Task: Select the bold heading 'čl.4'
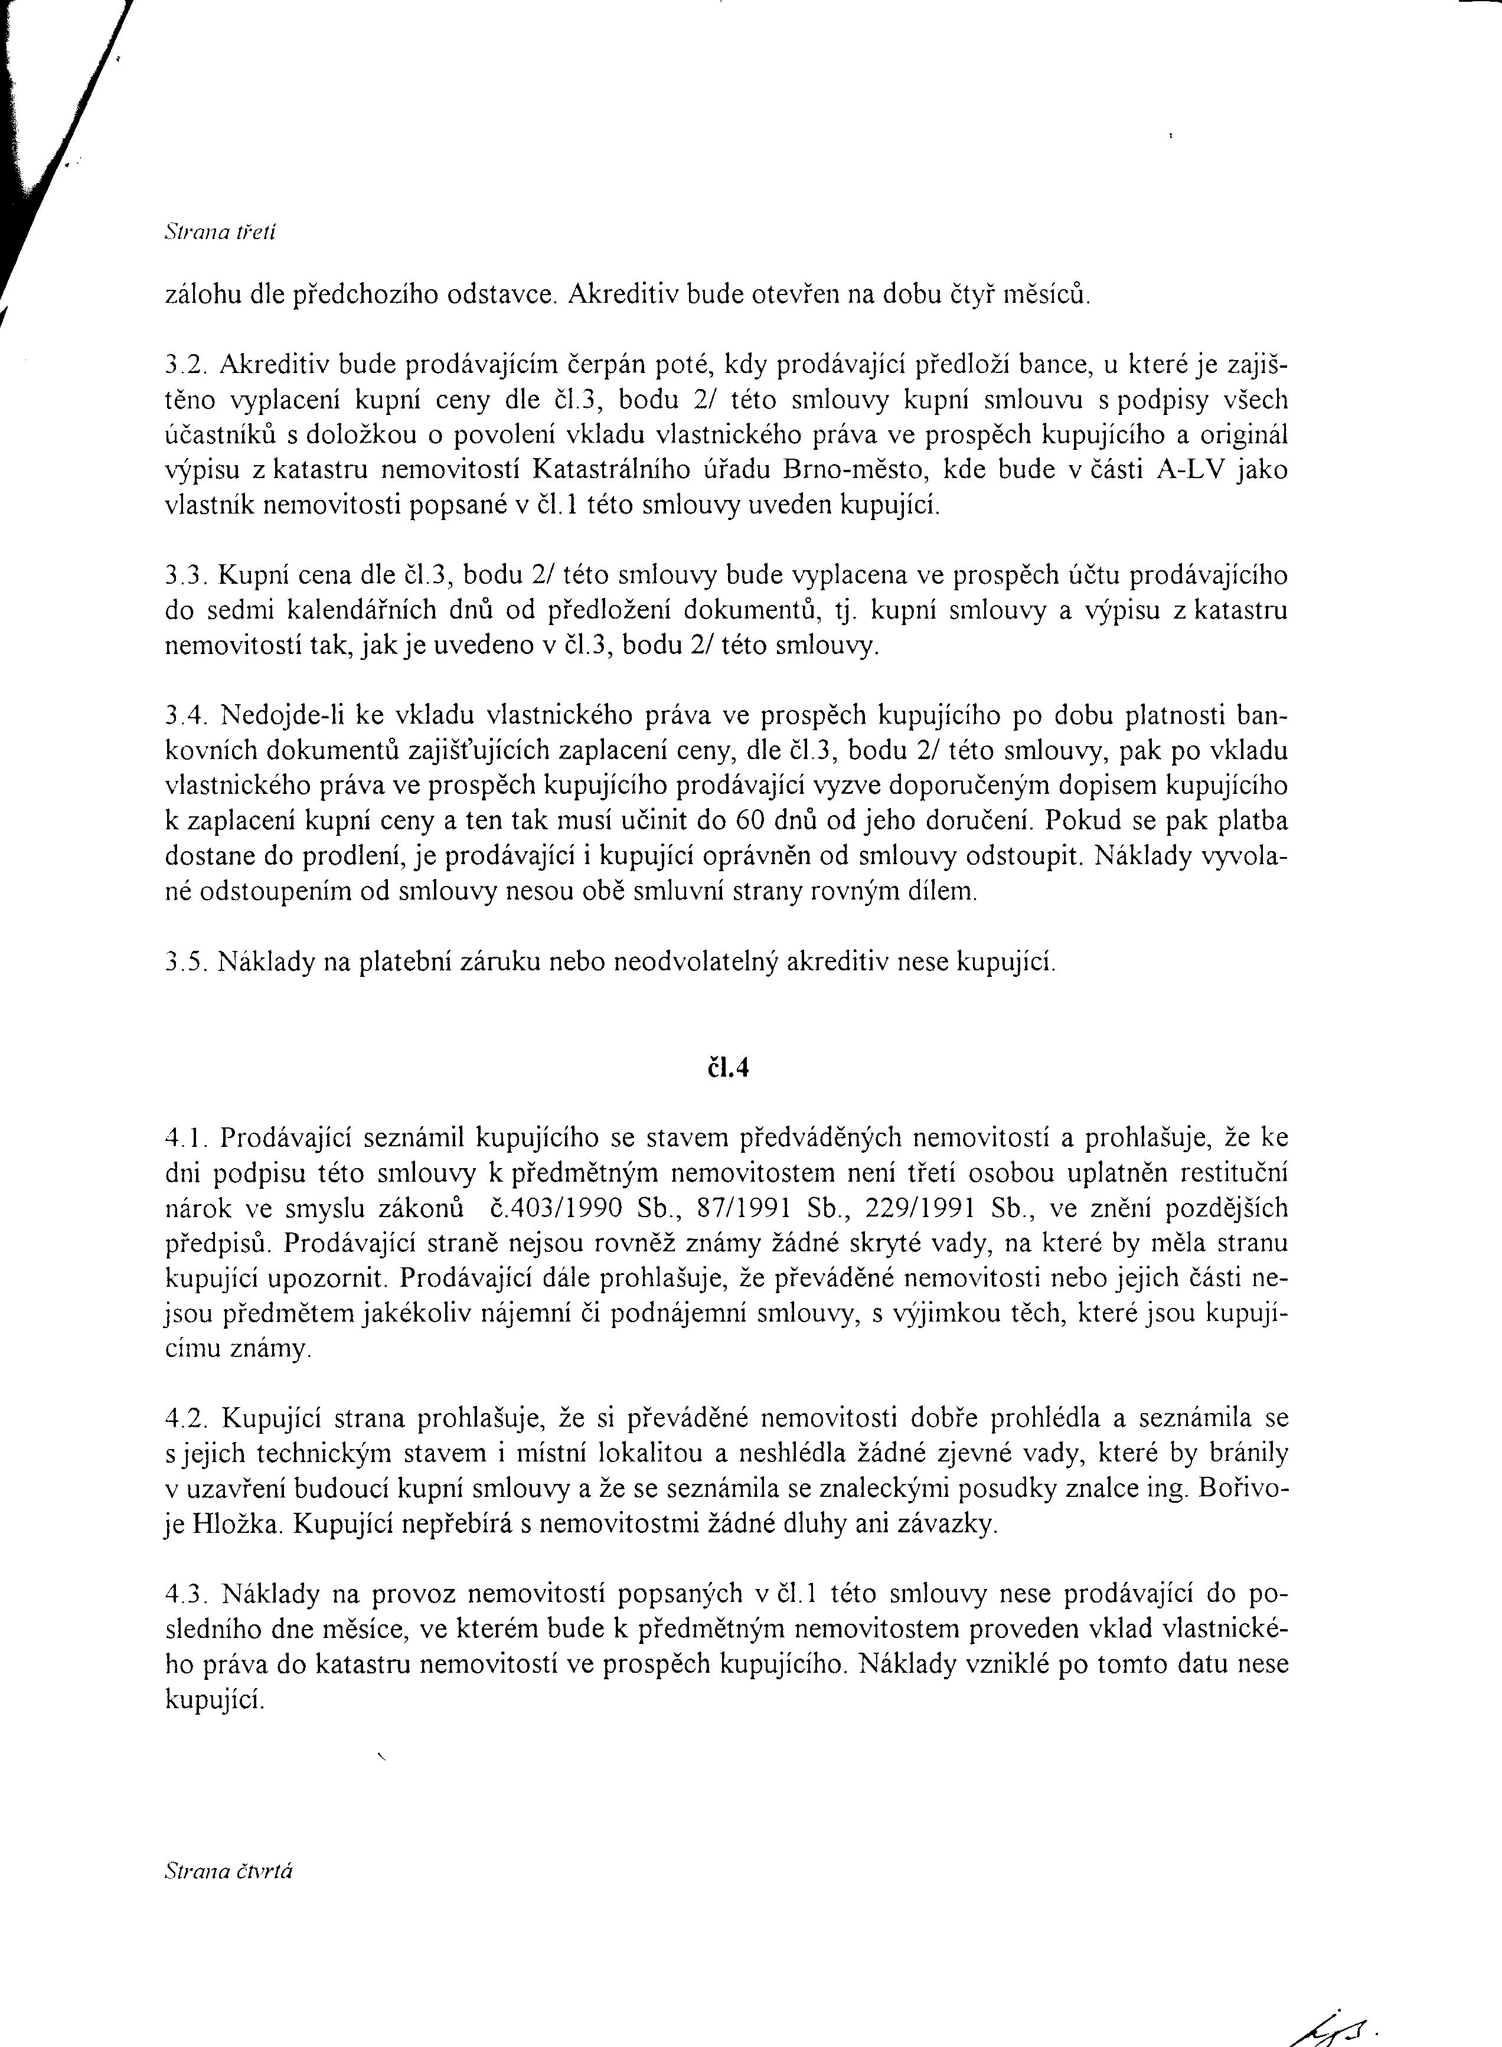pyautogui.click(x=727, y=1068)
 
